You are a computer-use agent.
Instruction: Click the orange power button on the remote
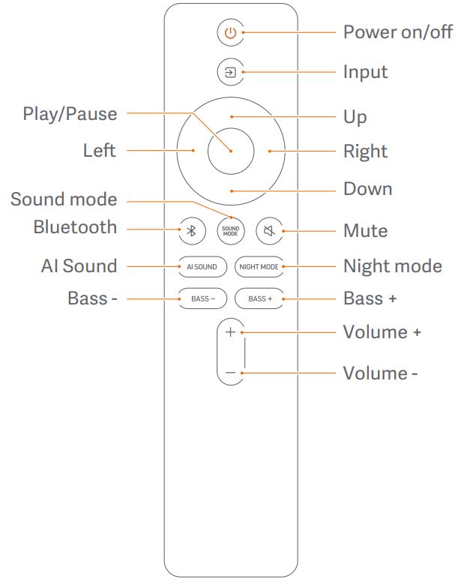pos(230,33)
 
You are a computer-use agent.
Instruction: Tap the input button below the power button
pos(230,73)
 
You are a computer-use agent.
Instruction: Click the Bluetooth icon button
pos(191,231)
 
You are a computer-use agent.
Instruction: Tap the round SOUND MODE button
pos(230,231)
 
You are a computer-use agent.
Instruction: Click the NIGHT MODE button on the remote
pos(258,266)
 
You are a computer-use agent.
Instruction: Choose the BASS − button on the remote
pos(202,298)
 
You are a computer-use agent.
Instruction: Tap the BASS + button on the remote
pos(259,298)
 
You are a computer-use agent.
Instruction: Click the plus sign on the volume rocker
pos(230,332)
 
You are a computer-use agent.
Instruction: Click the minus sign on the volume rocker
pos(230,373)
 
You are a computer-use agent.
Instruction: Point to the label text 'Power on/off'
pos(397,33)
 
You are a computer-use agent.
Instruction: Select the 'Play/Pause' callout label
pos(70,114)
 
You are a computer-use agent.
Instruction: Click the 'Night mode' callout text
pos(392,266)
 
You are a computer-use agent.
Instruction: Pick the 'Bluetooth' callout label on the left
pos(75,227)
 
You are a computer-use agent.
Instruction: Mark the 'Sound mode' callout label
pos(64,199)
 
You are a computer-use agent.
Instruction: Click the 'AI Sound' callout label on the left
pos(79,266)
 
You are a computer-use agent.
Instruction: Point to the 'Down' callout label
pos(367,188)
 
